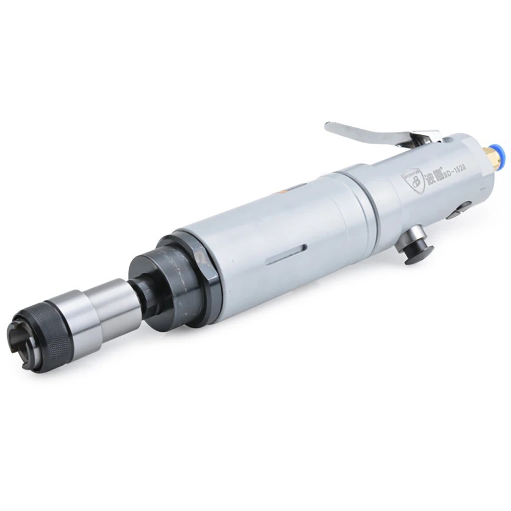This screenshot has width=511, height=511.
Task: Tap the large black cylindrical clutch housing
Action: (161, 284)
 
